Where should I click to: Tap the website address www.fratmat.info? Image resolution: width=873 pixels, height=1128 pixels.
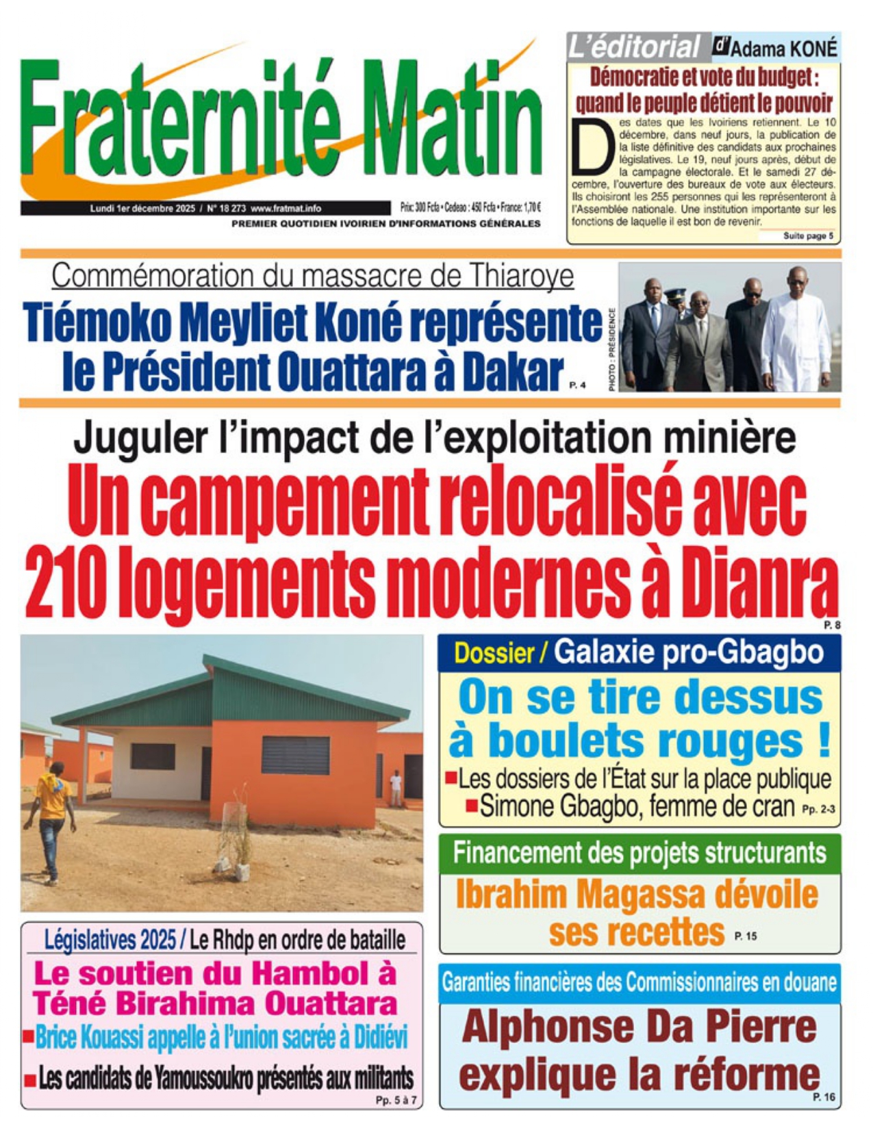click(286, 208)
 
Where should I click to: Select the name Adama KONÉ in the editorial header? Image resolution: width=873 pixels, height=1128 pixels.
click(783, 49)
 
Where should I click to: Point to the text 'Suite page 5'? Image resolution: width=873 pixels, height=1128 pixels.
click(808, 236)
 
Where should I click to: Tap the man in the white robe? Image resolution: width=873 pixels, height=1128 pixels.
click(796, 335)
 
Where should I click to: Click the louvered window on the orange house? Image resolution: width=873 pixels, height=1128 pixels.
click(295, 755)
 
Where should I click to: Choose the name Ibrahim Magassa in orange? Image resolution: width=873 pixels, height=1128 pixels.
click(582, 895)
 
